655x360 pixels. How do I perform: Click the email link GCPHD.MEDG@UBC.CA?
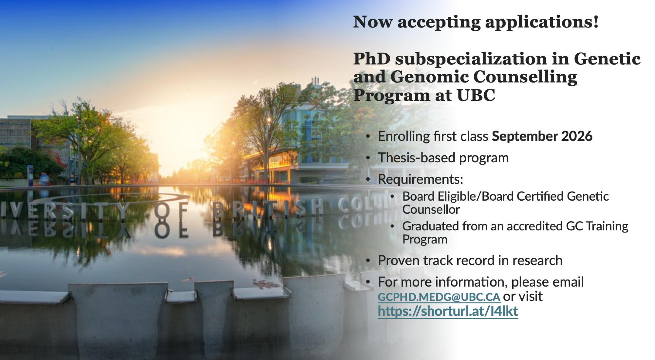pyautogui.click(x=439, y=297)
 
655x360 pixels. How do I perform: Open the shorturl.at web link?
pyautogui.click(x=448, y=311)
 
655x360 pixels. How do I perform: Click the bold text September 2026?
pyautogui.click(x=542, y=136)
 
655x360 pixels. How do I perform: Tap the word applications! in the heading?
pyautogui.click(x=542, y=23)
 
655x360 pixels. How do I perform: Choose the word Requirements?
pyautogui.click(x=421, y=179)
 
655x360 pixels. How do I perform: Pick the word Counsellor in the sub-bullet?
pyautogui.click(x=431, y=209)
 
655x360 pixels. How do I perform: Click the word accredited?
pyautogui.click(x=534, y=226)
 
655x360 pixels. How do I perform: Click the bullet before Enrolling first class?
pyautogui.click(x=368, y=136)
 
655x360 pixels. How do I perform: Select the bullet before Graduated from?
pyautogui.click(x=392, y=226)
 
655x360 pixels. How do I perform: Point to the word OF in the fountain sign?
pyautogui.click(x=171, y=211)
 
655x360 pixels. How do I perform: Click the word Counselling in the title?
pyautogui.click(x=525, y=78)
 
